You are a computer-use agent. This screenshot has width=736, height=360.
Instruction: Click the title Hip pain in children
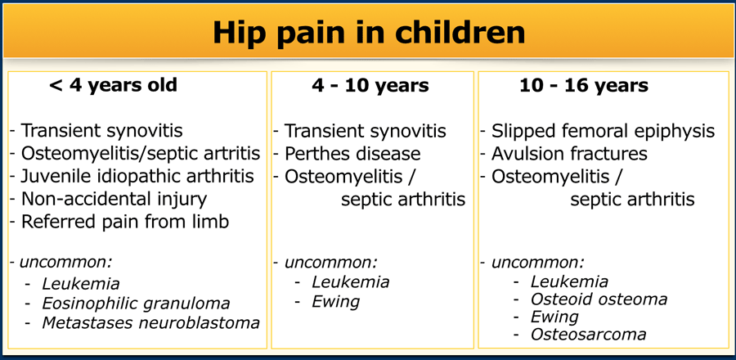(369, 32)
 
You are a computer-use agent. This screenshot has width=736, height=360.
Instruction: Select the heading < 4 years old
(113, 86)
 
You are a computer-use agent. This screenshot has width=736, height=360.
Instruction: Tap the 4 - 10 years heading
(370, 86)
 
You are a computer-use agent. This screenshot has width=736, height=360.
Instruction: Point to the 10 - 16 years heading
(583, 86)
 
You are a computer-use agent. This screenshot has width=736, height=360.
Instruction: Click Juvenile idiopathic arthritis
(137, 176)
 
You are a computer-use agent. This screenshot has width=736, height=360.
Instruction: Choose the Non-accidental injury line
(114, 199)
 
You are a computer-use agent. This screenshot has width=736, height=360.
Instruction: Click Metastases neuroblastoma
(150, 322)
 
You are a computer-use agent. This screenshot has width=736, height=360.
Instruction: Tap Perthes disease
(352, 154)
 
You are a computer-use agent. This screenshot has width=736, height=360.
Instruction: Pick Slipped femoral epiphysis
(603, 132)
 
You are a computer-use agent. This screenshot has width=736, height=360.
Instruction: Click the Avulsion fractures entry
(569, 154)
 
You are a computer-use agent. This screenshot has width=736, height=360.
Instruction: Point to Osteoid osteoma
(599, 299)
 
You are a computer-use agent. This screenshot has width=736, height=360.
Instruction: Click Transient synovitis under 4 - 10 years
(365, 132)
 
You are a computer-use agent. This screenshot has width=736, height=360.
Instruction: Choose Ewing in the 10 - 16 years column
(554, 317)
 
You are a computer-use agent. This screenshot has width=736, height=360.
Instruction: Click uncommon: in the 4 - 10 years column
(330, 263)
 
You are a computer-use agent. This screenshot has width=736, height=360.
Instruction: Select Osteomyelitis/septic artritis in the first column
(141, 154)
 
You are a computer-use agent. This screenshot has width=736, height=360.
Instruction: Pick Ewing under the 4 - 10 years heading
(335, 301)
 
